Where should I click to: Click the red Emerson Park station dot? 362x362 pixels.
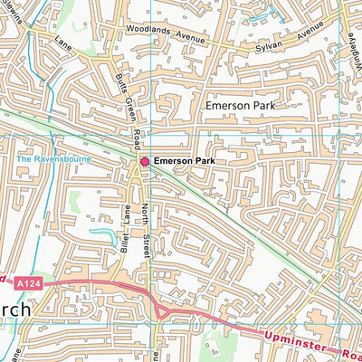(x=144, y=161)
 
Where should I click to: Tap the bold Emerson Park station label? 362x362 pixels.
(x=185, y=161)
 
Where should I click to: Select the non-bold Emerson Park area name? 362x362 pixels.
(x=238, y=106)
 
